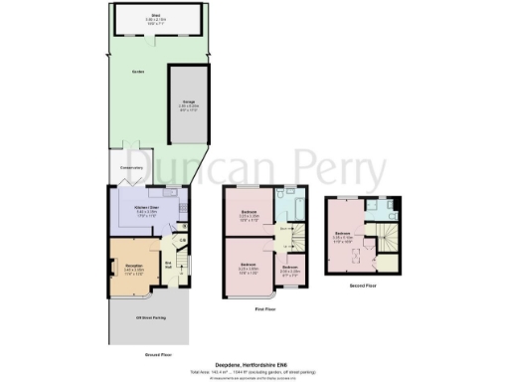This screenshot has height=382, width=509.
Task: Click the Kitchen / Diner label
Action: click(146, 207)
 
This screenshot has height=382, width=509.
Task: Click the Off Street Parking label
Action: click(150, 318)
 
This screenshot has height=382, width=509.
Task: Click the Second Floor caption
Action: click(363, 286)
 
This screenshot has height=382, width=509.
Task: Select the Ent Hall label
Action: click(170, 263)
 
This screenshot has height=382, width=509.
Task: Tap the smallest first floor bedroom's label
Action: click(290, 270)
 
